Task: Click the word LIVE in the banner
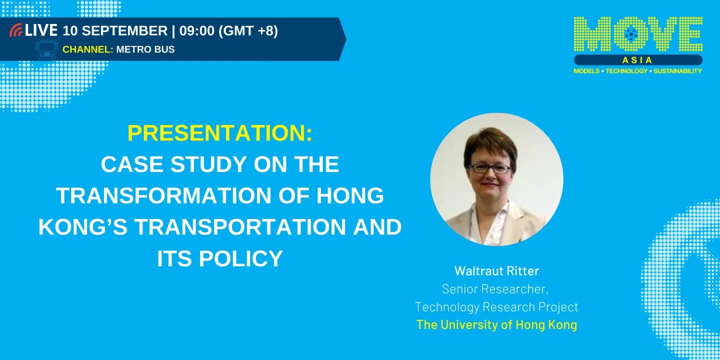pos(41,30)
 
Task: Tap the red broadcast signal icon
pos(16,31)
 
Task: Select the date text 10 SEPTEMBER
pos(115,30)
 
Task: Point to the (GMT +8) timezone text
pos(248,30)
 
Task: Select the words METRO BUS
pos(145,49)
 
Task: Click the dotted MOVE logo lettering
pos(638,34)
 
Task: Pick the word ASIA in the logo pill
pos(637,60)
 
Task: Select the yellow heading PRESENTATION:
pos(220,133)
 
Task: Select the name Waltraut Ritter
pos(496,271)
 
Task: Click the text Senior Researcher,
pos(495,289)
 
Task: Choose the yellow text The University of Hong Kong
pos(496,324)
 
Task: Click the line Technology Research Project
pos(496,306)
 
